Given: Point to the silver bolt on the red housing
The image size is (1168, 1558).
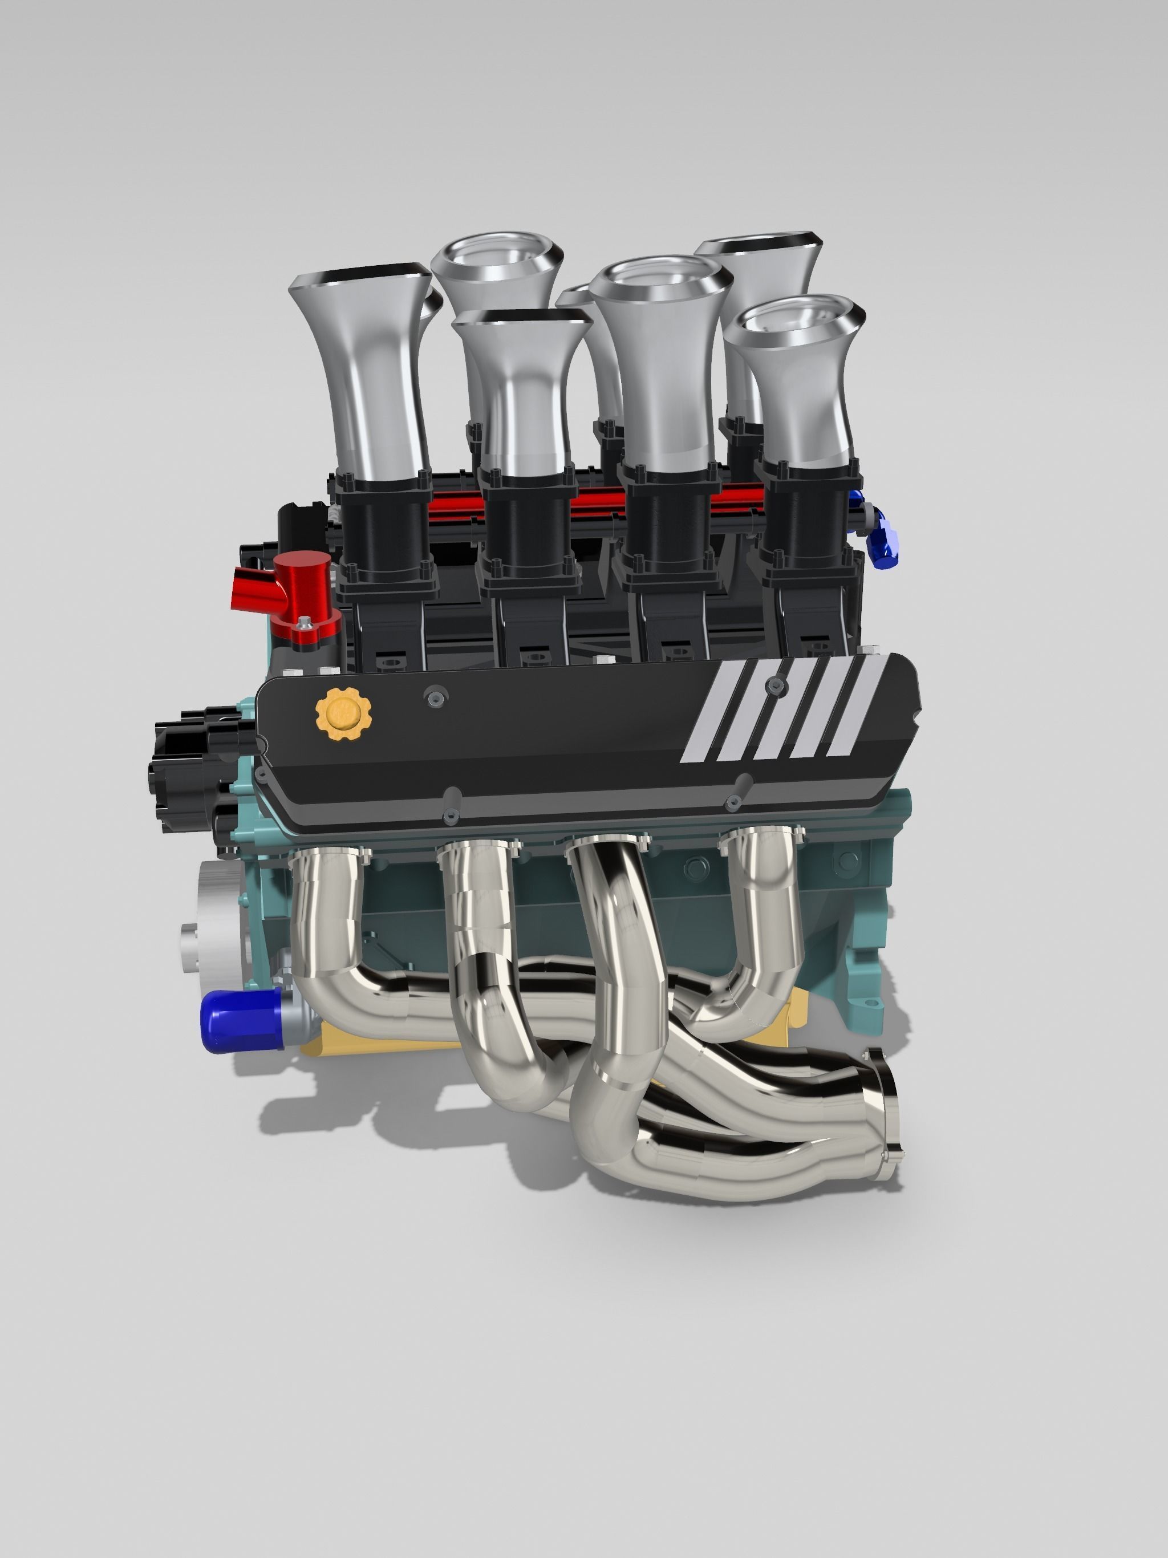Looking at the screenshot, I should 305,623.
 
